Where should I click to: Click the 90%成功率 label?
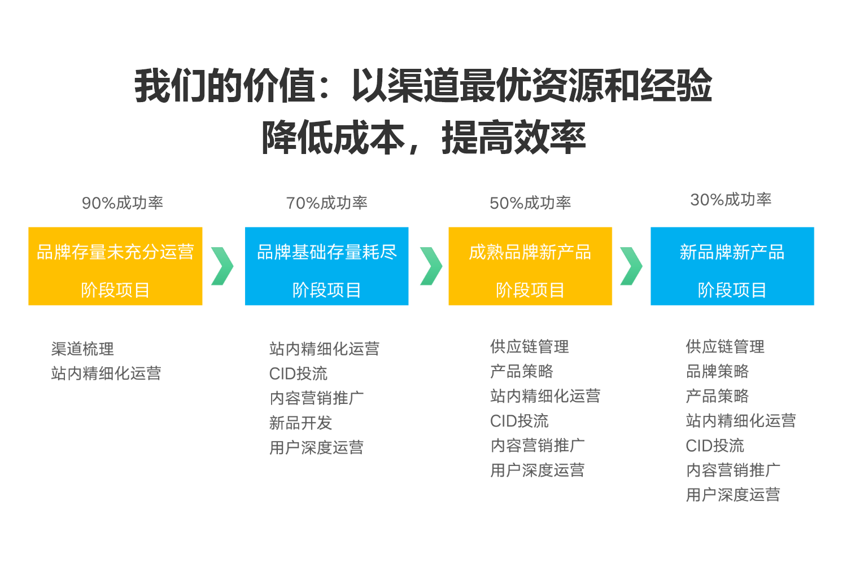(123, 203)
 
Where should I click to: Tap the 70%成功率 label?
(327, 203)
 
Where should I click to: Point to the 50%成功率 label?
(530, 203)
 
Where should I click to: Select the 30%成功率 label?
(731, 200)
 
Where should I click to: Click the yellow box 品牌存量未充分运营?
(115, 266)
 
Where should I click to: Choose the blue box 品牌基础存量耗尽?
(327, 266)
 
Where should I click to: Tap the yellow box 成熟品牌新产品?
(530, 266)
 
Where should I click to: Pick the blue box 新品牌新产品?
(732, 266)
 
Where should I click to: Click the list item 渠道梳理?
(82, 349)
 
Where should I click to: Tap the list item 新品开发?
(300, 423)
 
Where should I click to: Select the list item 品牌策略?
(717, 371)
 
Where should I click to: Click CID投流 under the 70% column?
(298, 373)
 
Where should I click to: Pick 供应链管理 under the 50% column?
(530, 346)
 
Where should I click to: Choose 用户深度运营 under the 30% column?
(733, 495)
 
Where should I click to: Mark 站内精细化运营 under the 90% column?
(106, 373)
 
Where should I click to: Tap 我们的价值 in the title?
(225, 85)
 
